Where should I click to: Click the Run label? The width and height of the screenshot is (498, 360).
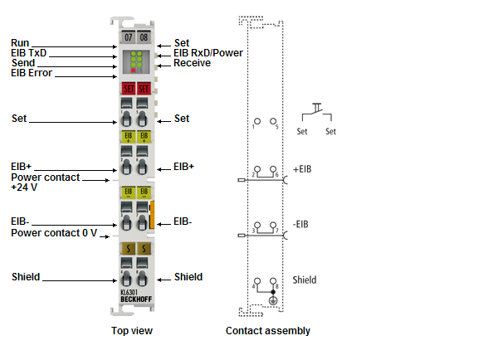(x=21, y=42)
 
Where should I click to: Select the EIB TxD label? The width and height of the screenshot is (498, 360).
(x=30, y=52)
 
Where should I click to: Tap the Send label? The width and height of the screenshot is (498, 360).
(x=23, y=63)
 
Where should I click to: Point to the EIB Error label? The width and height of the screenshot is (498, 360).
(x=32, y=73)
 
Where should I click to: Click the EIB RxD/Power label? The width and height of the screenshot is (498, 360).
(x=208, y=53)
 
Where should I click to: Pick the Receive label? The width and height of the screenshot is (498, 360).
(x=193, y=63)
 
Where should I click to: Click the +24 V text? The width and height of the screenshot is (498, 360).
(x=24, y=187)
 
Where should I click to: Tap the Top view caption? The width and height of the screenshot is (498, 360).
(x=132, y=331)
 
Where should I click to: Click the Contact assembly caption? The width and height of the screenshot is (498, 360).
(x=268, y=331)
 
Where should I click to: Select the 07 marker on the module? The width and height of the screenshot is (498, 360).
(x=128, y=38)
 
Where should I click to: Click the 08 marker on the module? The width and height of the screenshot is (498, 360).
(x=143, y=38)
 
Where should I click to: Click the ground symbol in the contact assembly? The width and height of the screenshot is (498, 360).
(x=273, y=299)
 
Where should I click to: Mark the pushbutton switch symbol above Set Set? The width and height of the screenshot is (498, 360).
(x=317, y=111)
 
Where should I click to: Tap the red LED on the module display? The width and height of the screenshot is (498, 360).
(x=133, y=71)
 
